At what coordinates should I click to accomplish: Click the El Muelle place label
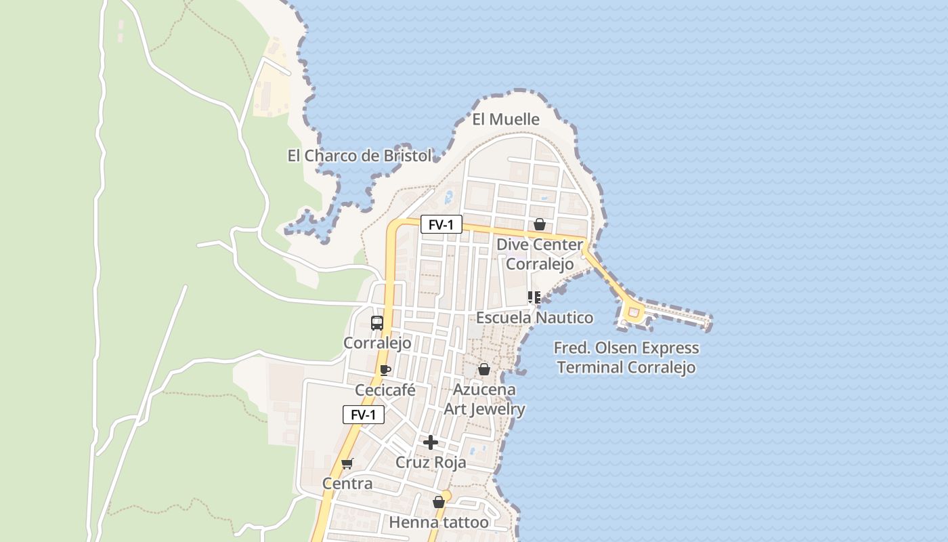coord(506,120)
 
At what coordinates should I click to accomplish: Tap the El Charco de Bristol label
coord(359,156)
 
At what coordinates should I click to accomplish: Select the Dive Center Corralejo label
coord(540,254)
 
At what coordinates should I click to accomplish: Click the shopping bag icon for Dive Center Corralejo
coord(540,224)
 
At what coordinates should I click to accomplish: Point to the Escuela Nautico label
coord(534,318)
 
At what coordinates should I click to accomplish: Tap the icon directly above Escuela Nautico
coord(534,297)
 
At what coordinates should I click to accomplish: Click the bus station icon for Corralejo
coord(377,323)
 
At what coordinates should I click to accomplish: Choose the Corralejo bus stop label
coord(377,343)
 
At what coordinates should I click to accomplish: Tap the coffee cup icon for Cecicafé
coord(385,370)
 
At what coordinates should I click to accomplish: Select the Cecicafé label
coord(385,390)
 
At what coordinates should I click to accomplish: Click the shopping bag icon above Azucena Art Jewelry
coord(484,369)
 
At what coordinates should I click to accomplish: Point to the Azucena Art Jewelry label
coord(484,399)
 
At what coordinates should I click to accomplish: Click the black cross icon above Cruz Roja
coord(431,442)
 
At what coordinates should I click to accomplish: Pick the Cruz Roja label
coord(431,463)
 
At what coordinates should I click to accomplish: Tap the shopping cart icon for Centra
coord(347,463)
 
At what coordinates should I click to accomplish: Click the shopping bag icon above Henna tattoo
coord(439,502)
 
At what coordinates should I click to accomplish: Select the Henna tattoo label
coord(439,522)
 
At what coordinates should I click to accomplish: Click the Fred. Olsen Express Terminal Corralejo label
coord(626,358)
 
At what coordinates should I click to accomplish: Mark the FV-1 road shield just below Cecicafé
coord(364,415)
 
